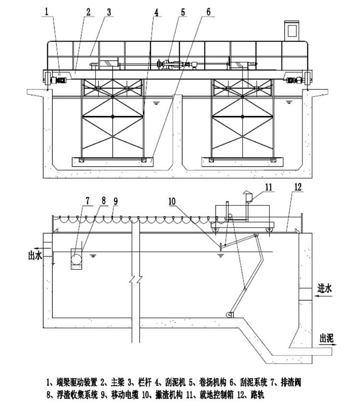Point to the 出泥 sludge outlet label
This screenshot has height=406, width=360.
pos(327,338)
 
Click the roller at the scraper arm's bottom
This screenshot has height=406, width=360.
pos(229,315)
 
